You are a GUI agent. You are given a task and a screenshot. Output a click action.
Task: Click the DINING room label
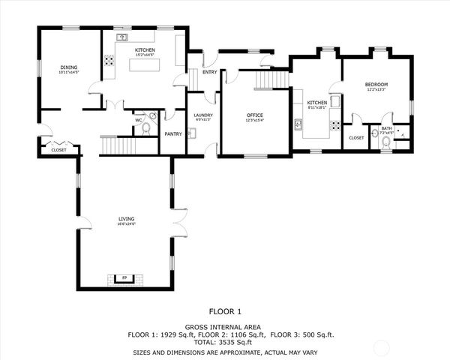tap(69, 68)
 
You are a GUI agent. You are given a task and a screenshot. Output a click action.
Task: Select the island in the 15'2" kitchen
tap(145, 65)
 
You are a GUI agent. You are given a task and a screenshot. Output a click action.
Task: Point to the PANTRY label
tap(173, 134)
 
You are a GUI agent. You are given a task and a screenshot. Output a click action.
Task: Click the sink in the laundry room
tap(192, 133)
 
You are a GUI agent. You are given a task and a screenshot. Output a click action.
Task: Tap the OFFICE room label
tap(255, 115)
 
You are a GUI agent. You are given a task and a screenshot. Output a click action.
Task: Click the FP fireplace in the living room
tap(124, 279)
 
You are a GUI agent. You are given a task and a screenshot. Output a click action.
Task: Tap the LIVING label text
tap(125, 219)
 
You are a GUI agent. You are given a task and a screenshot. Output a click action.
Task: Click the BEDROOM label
tap(376, 85)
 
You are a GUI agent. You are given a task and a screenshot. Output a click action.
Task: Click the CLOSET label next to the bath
tap(356, 137)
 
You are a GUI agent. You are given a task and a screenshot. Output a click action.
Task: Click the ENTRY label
tap(209, 72)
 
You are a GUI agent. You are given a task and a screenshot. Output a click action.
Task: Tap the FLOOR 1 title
tap(225, 310)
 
